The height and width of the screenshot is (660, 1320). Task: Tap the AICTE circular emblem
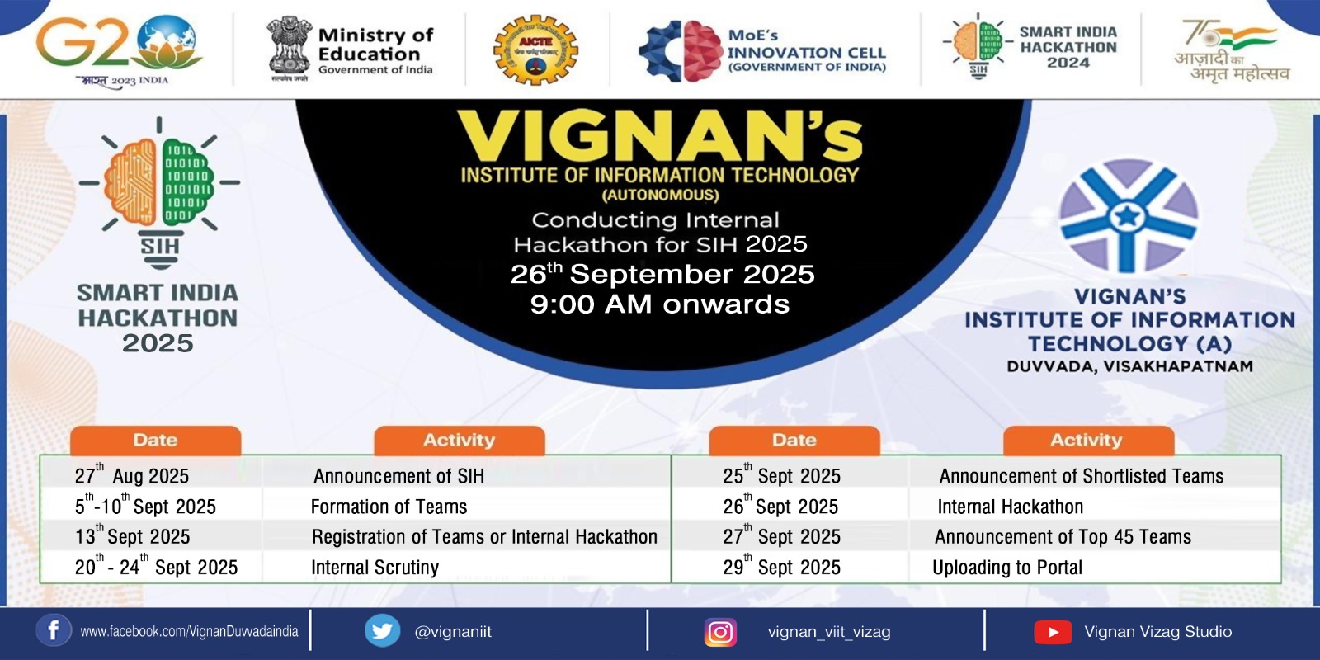[535, 49]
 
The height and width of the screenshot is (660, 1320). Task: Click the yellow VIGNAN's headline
[659, 136]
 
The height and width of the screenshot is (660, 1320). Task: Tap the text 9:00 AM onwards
[659, 304]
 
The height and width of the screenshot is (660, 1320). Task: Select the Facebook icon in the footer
[53, 631]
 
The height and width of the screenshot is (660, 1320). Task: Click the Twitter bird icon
[382, 631]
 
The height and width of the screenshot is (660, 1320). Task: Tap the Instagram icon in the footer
[720, 632]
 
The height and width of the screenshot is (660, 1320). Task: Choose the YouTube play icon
[1053, 632]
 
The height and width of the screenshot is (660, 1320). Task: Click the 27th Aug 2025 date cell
[132, 475]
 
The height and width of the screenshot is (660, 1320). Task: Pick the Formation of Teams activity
[389, 507]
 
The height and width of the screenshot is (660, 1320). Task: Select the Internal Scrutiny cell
[375, 568]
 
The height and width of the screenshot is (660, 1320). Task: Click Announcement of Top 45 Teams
[1063, 537]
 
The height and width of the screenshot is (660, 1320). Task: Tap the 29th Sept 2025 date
[781, 568]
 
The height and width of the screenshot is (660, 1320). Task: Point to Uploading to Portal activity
[1006, 568]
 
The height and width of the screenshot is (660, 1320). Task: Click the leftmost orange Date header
[155, 441]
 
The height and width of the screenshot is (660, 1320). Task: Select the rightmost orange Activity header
[1087, 441]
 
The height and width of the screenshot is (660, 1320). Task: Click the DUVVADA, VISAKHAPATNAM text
[1129, 366]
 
